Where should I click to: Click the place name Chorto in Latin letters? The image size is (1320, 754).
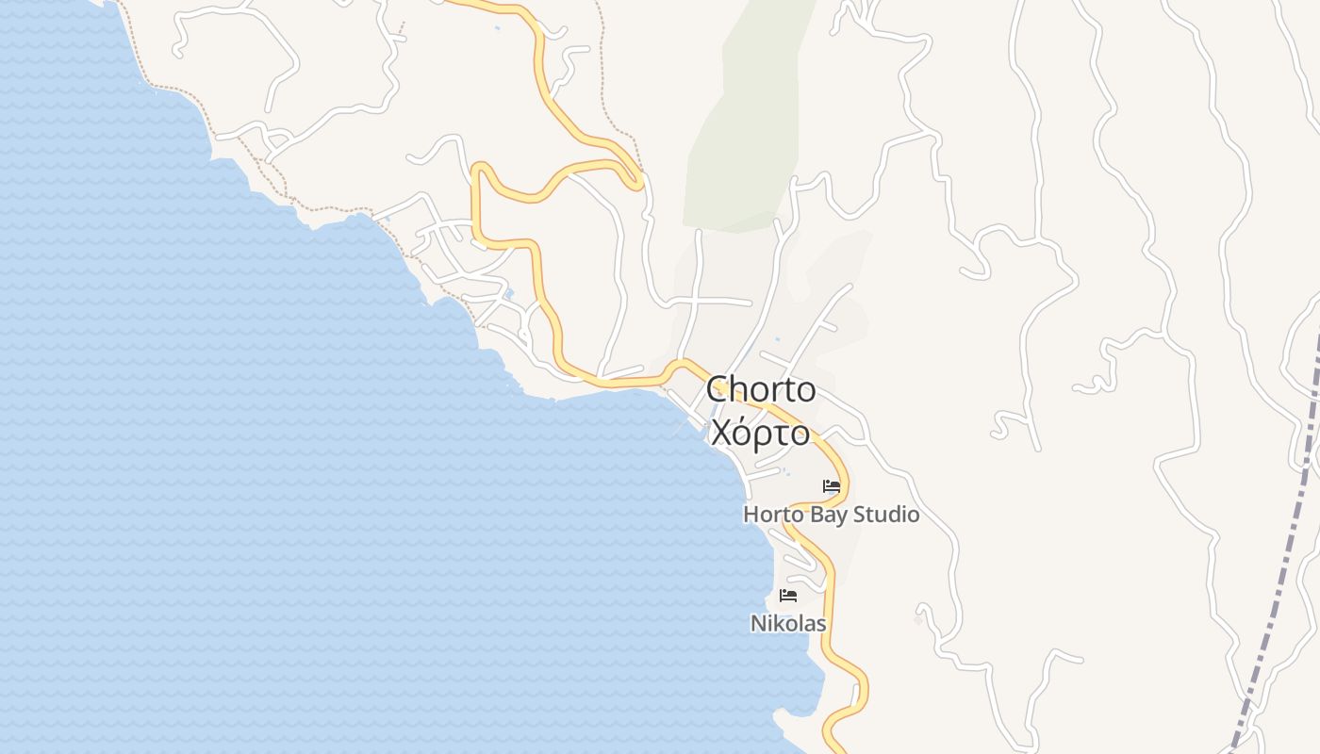(761, 389)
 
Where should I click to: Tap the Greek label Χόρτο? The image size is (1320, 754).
(760, 433)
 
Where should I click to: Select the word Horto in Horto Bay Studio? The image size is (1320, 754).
(769, 515)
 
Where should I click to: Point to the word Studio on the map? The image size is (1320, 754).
(886, 515)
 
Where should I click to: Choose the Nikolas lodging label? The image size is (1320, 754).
(788, 623)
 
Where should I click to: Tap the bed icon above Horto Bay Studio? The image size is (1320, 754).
(832, 486)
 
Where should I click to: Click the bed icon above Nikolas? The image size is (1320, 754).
(788, 596)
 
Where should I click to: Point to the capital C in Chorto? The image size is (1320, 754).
(719, 389)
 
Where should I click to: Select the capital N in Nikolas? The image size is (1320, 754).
(757, 623)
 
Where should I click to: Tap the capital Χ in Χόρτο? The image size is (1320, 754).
(721, 433)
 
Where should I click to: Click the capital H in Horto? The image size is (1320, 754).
(751, 515)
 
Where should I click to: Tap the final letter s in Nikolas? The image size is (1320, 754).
(821, 624)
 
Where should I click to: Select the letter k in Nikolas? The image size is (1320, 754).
(778, 623)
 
